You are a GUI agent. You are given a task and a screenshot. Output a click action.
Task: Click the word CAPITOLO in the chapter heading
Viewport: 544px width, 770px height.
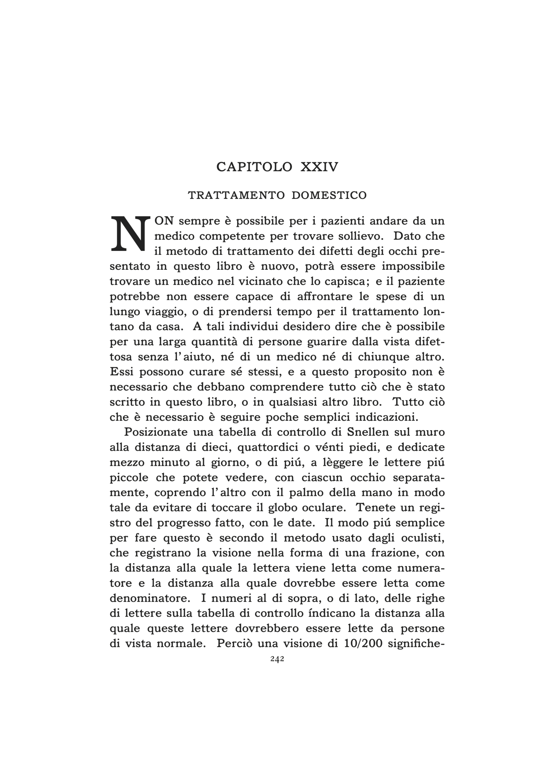click(x=254, y=167)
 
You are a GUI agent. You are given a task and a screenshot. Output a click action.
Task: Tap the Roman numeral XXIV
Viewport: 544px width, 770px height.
click(x=319, y=167)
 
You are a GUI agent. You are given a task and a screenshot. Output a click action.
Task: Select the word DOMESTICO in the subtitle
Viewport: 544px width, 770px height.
click(x=329, y=195)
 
